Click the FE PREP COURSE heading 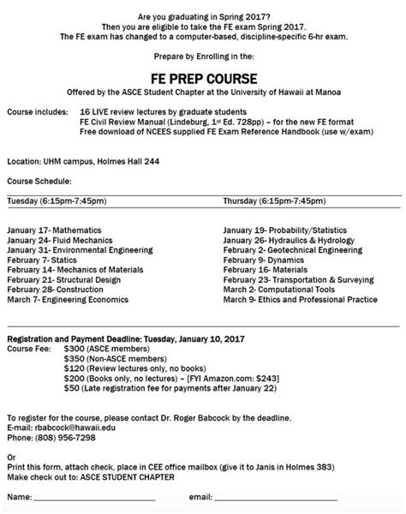pos(202,75)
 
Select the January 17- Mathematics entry pos(54,231)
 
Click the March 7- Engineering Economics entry pos(68,300)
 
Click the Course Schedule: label pos(39,181)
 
